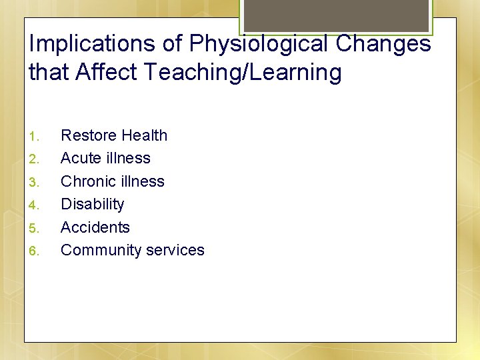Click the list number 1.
pyautogui.click(x=35, y=137)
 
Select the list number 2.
pyautogui.click(x=35, y=159)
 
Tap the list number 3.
pyautogui.click(x=35, y=182)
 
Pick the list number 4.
pyautogui.click(x=35, y=205)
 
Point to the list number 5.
pyautogui.click(x=35, y=228)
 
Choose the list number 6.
pyautogui.click(x=35, y=251)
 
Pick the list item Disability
pyautogui.click(x=92, y=205)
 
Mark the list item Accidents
pyautogui.click(x=95, y=227)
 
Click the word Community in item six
pyautogui.click(x=97, y=251)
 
